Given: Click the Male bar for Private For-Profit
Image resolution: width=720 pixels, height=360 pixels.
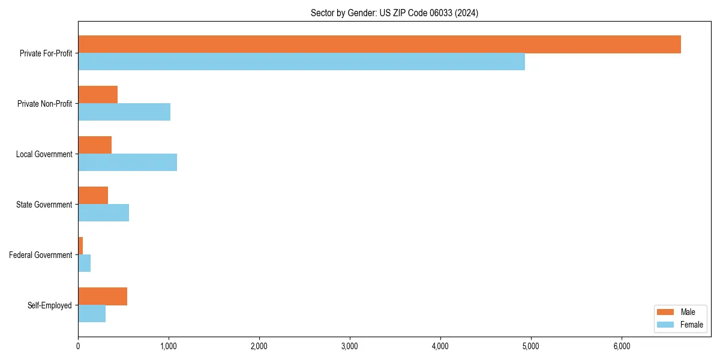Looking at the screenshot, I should click(379, 44).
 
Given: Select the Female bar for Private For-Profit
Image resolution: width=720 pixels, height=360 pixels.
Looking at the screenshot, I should click(301, 62).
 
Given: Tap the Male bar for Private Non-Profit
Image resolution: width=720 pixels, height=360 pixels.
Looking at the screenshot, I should click(98, 94).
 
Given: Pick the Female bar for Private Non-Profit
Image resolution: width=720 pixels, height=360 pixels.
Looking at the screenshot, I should click(124, 112).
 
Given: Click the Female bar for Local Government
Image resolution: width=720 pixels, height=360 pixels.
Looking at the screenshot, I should click(127, 163).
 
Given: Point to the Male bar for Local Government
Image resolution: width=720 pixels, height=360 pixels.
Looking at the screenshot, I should click(95, 145).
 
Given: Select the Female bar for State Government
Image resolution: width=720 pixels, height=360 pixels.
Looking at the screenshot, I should click(103, 213).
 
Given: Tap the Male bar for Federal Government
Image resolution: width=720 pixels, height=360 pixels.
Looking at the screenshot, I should click(80, 245).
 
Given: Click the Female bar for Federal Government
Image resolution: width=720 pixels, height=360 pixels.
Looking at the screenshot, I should click(84, 263).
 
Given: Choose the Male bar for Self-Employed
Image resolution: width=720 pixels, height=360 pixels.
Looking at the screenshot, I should click(103, 296).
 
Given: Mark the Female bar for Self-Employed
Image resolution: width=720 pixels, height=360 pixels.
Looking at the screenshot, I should click(92, 314).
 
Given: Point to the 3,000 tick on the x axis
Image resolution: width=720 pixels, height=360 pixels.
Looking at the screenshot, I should click(350, 346).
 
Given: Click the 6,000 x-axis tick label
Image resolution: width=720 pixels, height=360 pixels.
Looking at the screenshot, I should click(622, 346).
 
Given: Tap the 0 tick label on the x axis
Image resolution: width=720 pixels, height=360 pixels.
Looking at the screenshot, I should click(78, 346).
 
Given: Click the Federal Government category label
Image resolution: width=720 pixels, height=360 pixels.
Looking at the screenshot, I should click(41, 255).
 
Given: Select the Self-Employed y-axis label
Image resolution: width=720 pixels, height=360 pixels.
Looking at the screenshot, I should click(50, 305).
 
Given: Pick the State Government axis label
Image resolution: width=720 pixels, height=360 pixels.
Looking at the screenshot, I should click(44, 205).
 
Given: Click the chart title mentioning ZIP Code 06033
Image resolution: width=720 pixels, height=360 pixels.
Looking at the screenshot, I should click(394, 13).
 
